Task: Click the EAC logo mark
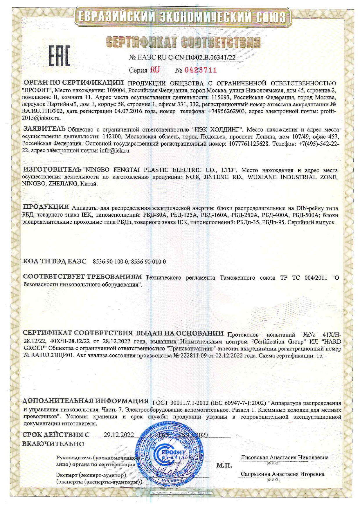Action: pyautogui.click(x=59, y=55)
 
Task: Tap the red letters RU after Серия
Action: pyautogui.click(x=155, y=70)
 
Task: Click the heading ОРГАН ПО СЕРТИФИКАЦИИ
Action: pyautogui.click(x=73, y=83)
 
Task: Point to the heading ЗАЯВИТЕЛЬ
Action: pyautogui.click(x=44, y=129)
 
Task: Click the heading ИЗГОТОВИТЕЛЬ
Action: pyautogui.click(x=52, y=169)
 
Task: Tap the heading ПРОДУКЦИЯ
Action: pyautogui.click(x=46, y=207)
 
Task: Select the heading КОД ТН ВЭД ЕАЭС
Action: pyautogui.click(x=55, y=261)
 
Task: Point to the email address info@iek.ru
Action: pyautogui.click(x=115, y=151)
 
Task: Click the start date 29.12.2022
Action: pyautogui.click(x=118, y=435)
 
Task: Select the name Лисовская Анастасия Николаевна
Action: pyautogui.click(x=285, y=458)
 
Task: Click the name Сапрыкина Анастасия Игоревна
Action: pyautogui.click(x=282, y=474)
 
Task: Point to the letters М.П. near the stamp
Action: pyautogui.click(x=224, y=465)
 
